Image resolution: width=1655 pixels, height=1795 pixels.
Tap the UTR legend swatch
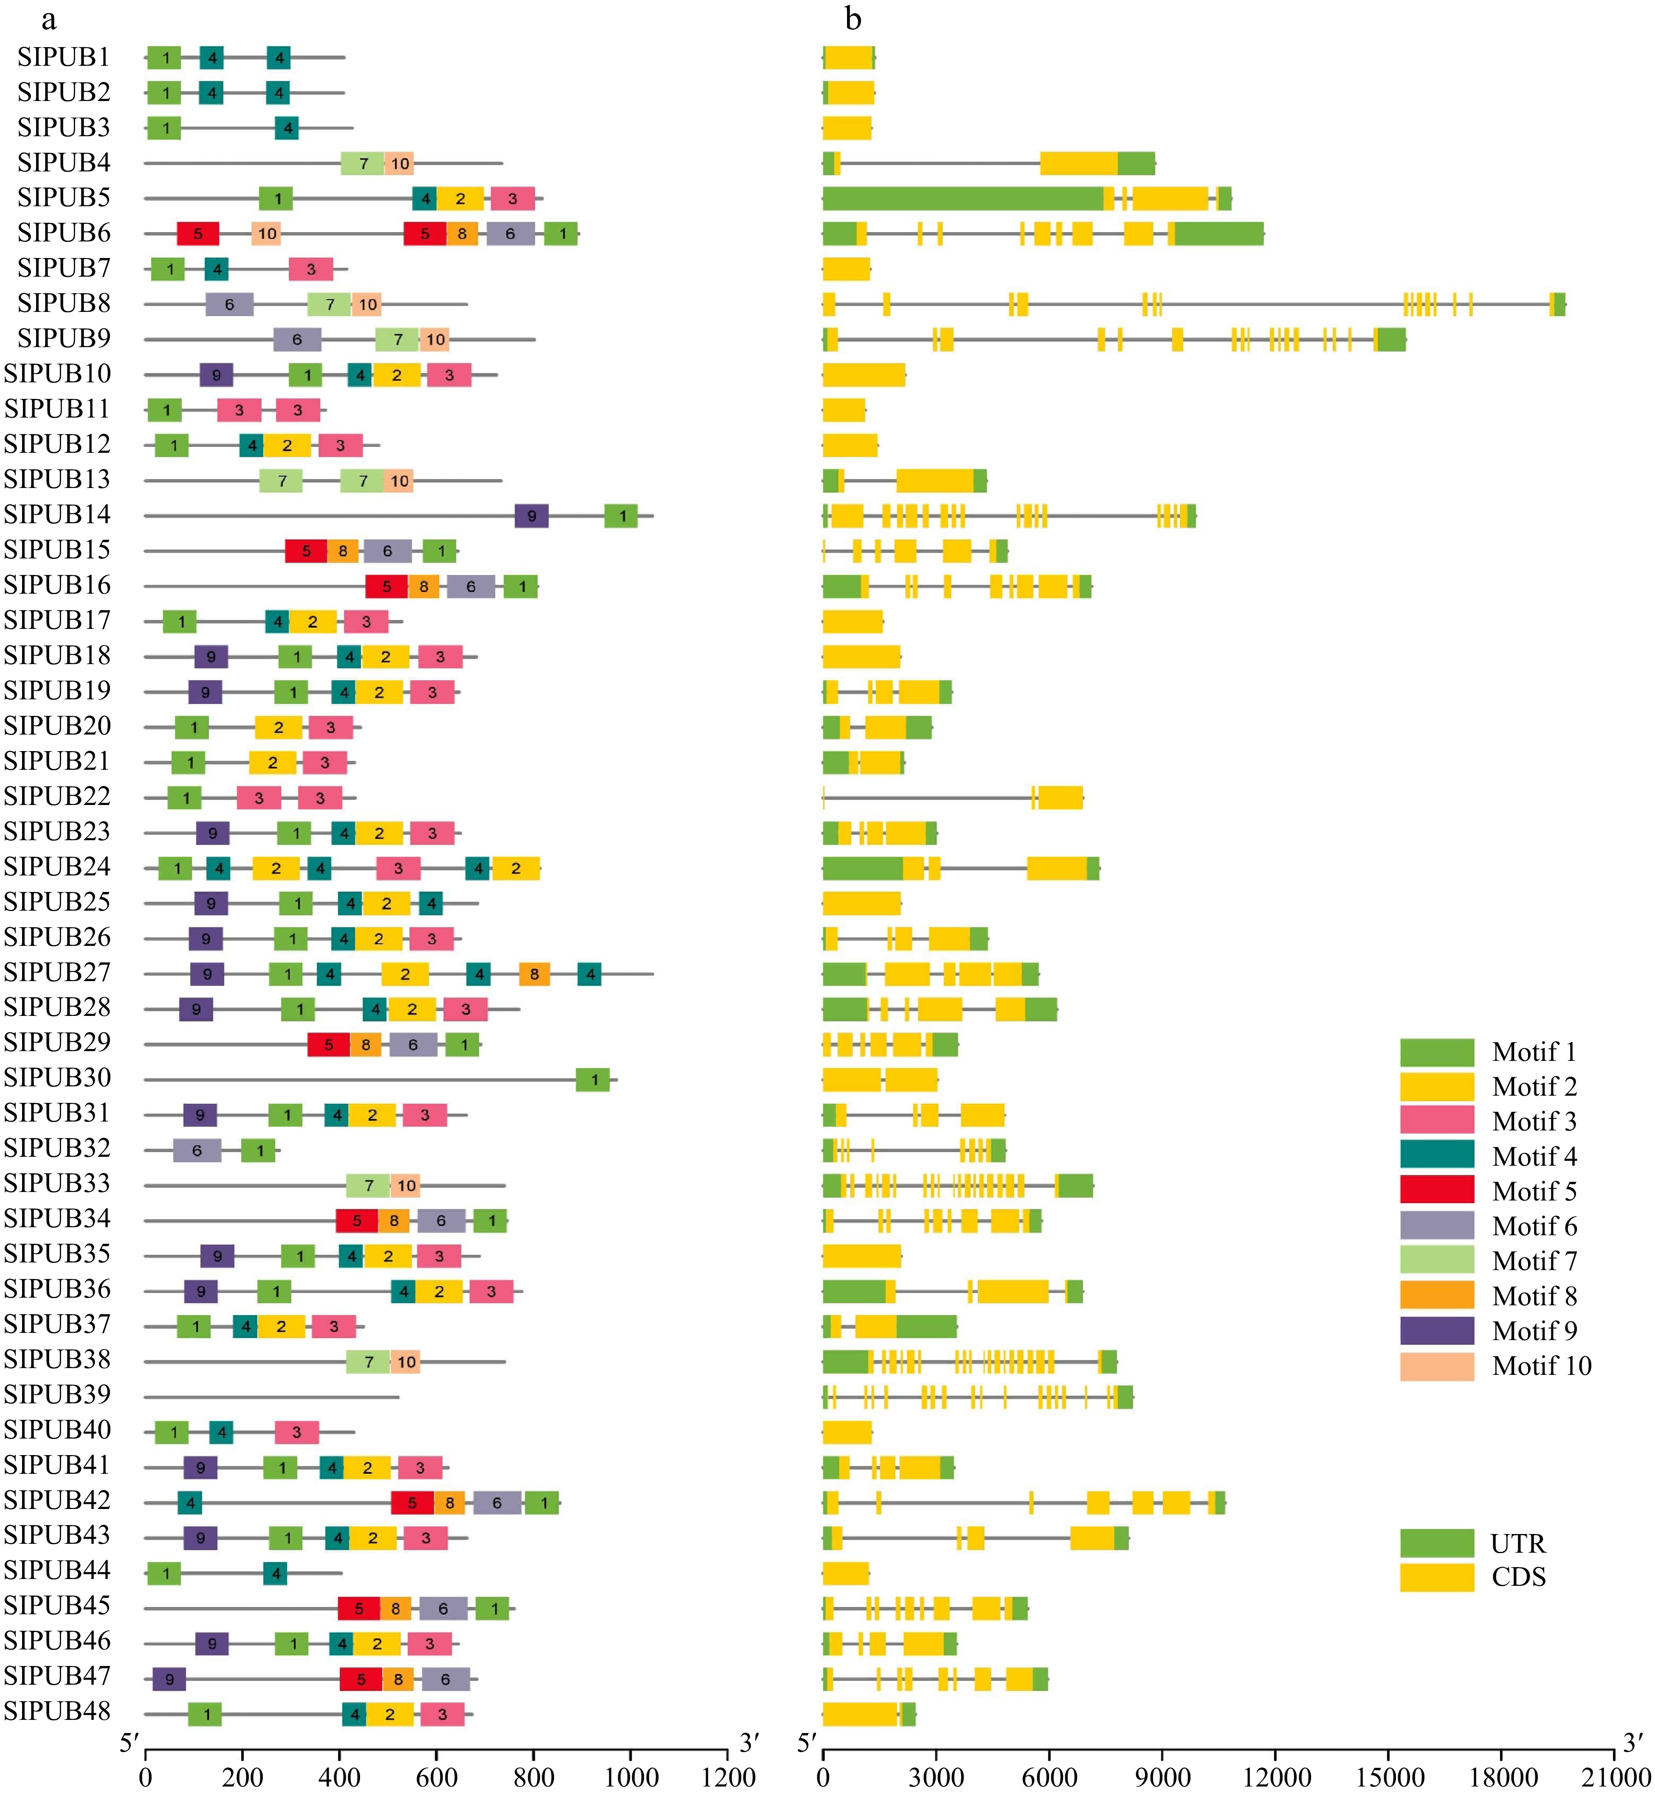tap(1436, 1543)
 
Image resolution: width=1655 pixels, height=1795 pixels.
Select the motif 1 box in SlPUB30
tap(593, 1080)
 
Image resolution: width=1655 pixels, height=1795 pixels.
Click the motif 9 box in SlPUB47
tap(169, 1680)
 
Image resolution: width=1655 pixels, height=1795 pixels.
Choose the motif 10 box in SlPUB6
tap(267, 234)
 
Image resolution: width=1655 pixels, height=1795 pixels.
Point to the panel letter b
tap(853, 18)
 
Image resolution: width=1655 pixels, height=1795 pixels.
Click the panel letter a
tap(49, 18)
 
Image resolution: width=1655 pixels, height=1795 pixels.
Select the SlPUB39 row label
tap(57, 1395)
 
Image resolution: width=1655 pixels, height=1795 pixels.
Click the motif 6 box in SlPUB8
tap(229, 304)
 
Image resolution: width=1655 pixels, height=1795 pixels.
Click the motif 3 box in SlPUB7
tap(311, 269)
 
